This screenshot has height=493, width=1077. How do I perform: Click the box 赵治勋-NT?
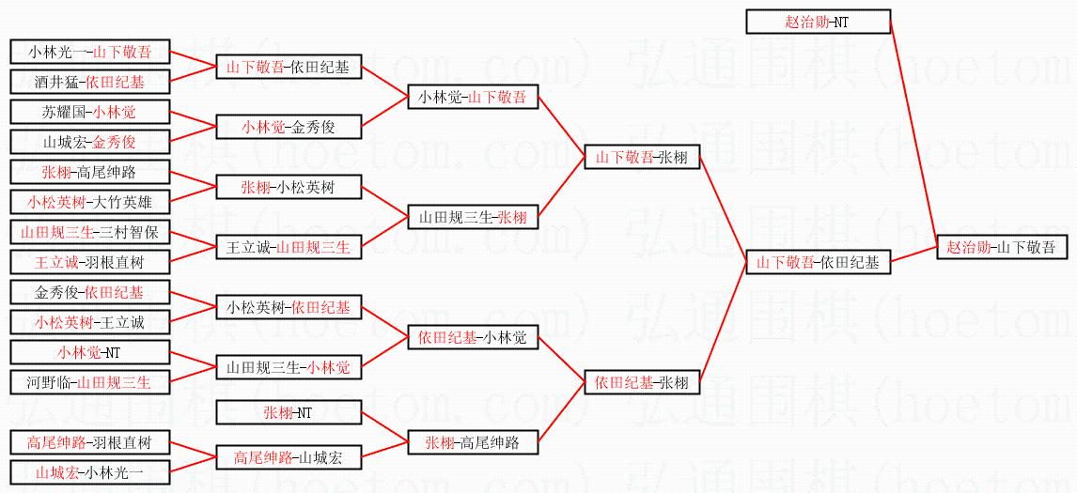coord(818,22)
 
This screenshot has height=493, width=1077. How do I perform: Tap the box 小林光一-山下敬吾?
coord(89,53)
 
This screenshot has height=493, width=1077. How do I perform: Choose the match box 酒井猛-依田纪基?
coord(89,82)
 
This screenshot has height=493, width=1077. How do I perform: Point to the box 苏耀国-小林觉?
coord(89,113)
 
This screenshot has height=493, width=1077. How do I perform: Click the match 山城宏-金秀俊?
coord(89,143)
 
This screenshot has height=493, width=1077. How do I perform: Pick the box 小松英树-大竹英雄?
coord(89,202)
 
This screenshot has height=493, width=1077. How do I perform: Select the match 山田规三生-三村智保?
coord(89,231)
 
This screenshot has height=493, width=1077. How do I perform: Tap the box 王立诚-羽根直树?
coord(89,261)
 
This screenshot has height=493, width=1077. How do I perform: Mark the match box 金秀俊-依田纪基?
coord(89,292)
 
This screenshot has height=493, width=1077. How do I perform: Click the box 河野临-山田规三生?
coord(89,382)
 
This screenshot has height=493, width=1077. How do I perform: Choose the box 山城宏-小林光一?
coord(89,472)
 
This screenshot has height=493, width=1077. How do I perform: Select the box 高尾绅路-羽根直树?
coord(89,442)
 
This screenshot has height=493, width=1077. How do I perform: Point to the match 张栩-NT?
coord(288,412)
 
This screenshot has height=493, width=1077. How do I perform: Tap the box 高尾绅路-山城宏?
coord(288,457)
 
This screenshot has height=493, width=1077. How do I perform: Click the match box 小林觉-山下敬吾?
coord(473,97)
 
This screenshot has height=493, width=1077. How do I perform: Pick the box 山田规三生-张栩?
coord(473,218)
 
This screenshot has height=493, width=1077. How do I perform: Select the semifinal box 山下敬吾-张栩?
coord(641,158)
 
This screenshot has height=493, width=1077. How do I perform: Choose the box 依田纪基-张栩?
coord(641,382)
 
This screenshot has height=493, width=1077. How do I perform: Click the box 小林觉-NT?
coord(89,353)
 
